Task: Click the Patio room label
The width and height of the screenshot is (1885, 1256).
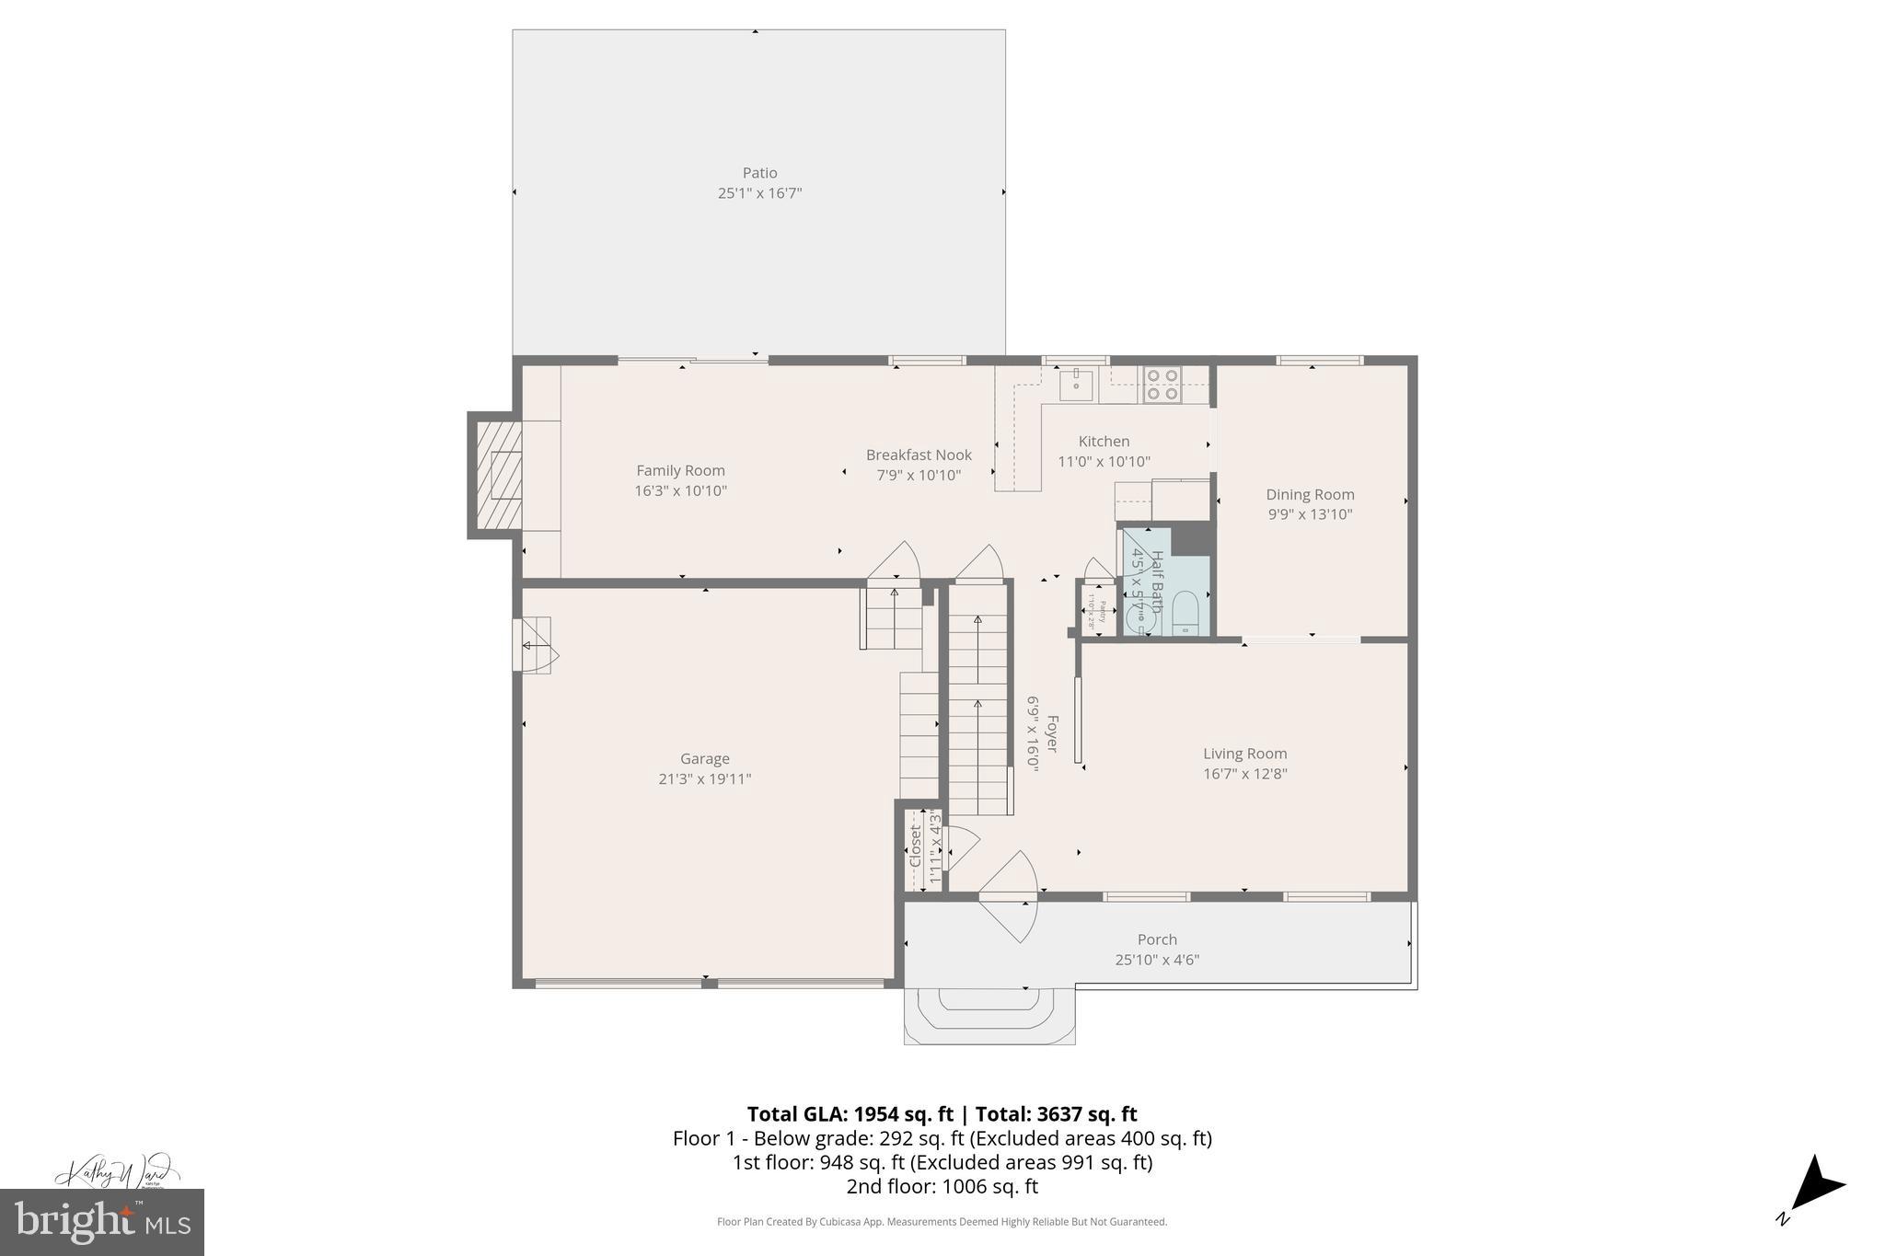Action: [x=759, y=173]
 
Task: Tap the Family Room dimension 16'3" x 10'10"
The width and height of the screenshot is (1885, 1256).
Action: [x=680, y=491]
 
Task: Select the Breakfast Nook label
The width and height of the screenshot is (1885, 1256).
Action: [x=918, y=455]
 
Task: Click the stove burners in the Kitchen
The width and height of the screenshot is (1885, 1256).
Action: [x=1162, y=385]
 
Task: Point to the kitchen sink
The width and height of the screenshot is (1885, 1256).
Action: [x=1075, y=385]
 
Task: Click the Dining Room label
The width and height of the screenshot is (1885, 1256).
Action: [x=1309, y=494]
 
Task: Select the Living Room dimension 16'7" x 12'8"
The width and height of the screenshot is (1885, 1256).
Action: [x=1244, y=774]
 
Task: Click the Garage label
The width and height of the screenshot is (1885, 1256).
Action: [x=704, y=758]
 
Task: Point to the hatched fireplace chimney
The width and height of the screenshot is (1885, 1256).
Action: [x=495, y=475]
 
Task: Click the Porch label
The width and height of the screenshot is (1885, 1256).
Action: [x=1156, y=939]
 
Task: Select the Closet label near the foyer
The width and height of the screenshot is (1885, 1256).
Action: [x=916, y=846]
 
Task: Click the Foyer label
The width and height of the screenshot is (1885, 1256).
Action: [x=1052, y=733]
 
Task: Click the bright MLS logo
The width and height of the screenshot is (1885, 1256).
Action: [x=102, y=1222]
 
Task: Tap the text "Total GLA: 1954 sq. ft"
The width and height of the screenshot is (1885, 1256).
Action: [x=849, y=1114]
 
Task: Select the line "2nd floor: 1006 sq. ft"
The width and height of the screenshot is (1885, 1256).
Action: [x=942, y=1186]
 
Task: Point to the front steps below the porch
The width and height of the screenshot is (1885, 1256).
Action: [x=989, y=1015]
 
